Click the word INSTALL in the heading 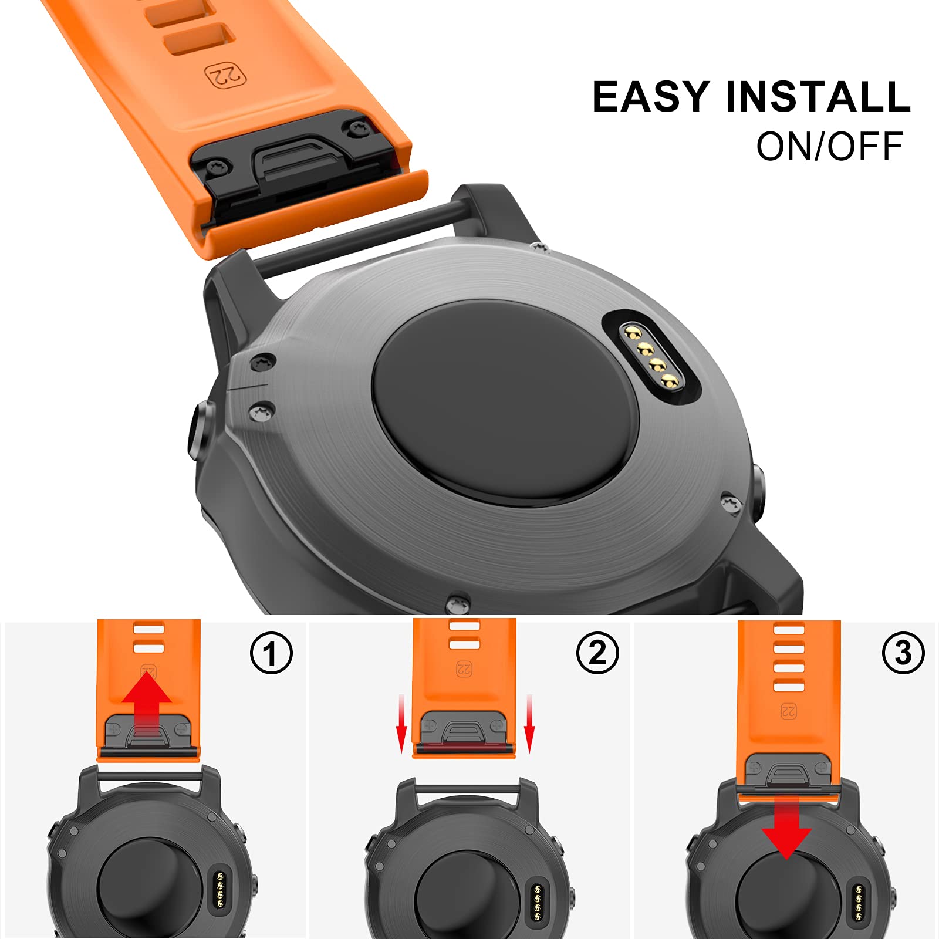pyautogui.click(x=818, y=97)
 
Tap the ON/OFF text pyautogui.click(x=829, y=146)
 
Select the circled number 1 pyautogui.click(x=271, y=653)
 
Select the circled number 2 pyautogui.click(x=597, y=653)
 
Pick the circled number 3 pyautogui.click(x=903, y=653)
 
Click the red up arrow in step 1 pyautogui.click(x=147, y=704)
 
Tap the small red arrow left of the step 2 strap pyautogui.click(x=401, y=723)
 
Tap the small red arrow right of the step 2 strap pyautogui.click(x=529, y=723)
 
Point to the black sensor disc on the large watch pyautogui.click(x=505, y=403)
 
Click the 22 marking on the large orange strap pyautogui.click(x=226, y=76)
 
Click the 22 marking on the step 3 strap pyautogui.click(x=788, y=712)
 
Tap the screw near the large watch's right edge pyautogui.click(x=731, y=505)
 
